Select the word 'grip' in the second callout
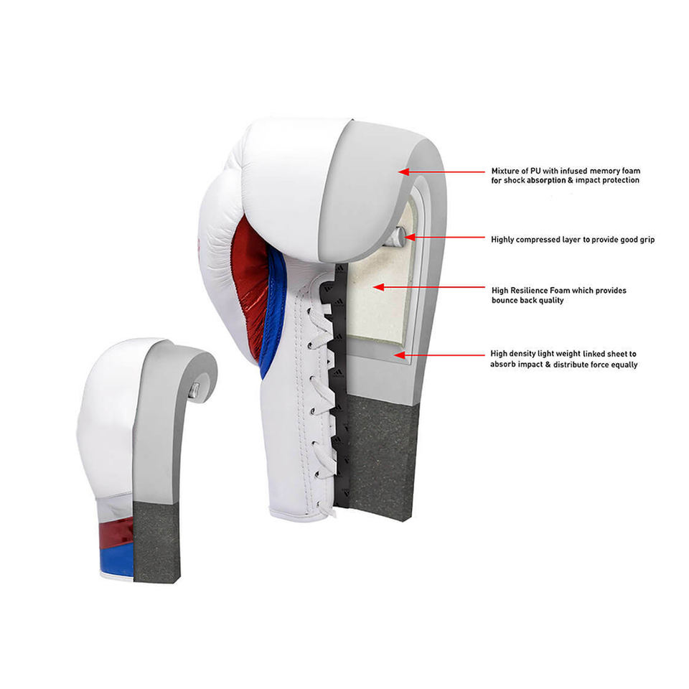point(645,239)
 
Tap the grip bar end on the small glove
point(194,390)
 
